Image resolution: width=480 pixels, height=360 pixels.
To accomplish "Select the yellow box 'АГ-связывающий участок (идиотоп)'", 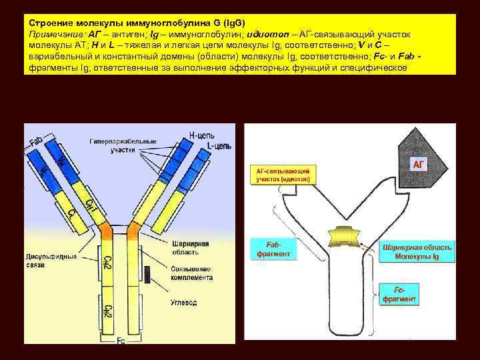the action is click(283, 175).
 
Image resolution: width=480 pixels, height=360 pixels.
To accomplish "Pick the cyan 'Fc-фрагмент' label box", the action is click(399, 294).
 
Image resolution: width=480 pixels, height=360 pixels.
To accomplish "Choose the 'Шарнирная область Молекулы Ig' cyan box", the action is click(417, 251).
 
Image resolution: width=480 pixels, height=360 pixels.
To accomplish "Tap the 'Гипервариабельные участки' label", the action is click(123, 145).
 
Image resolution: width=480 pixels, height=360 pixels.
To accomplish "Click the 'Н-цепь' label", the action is click(201, 134).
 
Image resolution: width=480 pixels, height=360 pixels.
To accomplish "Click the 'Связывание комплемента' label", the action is click(191, 273).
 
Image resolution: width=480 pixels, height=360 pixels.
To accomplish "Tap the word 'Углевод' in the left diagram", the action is click(183, 302).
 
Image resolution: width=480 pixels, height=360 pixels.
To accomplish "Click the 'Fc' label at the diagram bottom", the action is click(121, 341).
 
